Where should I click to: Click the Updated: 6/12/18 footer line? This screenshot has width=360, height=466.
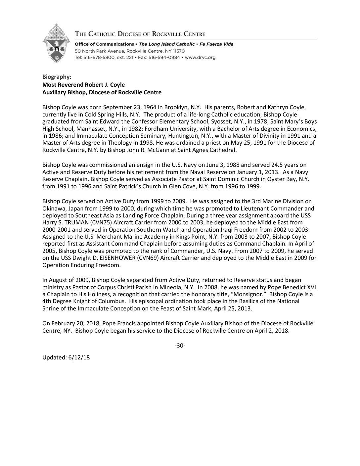tap(66, 357)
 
